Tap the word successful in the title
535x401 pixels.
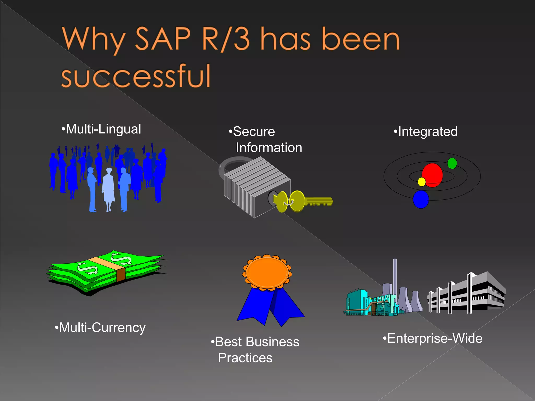tap(136, 76)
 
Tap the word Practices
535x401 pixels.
tap(245, 358)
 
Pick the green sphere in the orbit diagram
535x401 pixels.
tap(452, 163)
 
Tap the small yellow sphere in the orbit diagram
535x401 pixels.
tap(422, 182)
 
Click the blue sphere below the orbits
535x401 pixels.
tap(421, 199)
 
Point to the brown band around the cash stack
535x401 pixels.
tap(121, 275)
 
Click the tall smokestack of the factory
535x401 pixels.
tap(395, 277)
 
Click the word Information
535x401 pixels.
tap(269, 148)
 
